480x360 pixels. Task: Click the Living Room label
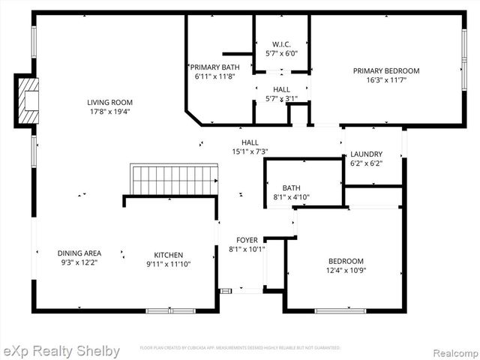tap(109, 103)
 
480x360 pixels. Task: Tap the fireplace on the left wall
tap(28, 100)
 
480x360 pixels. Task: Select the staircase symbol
tap(174, 180)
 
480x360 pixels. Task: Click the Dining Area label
tap(79, 253)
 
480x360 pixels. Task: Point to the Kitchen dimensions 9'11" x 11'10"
tap(169, 263)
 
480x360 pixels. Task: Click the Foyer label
tap(247, 240)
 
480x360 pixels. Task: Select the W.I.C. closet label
tap(281, 44)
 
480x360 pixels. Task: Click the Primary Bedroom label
tap(386, 70)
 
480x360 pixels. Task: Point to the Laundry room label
tap(366, 154)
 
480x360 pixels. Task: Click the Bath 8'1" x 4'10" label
tap(291, 188)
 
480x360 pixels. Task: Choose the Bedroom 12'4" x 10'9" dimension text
tap(345, 270)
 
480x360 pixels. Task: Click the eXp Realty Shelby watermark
tap(61, 350)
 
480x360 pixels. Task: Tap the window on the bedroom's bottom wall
tap(340, 310)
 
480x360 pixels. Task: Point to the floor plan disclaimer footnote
tap(240, 348)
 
